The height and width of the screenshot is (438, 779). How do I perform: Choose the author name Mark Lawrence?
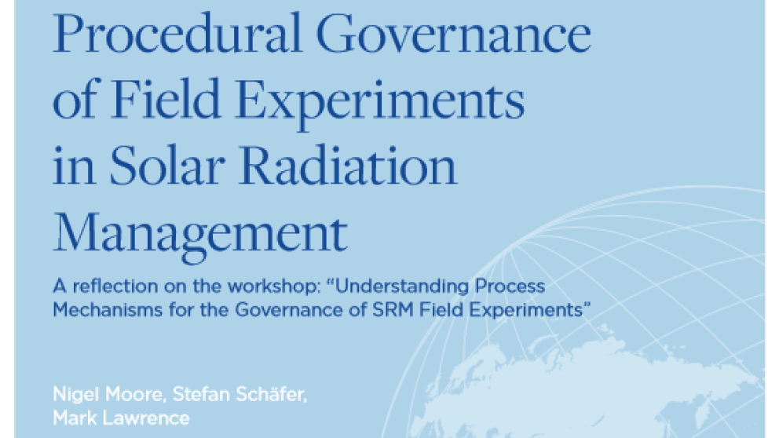121,418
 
